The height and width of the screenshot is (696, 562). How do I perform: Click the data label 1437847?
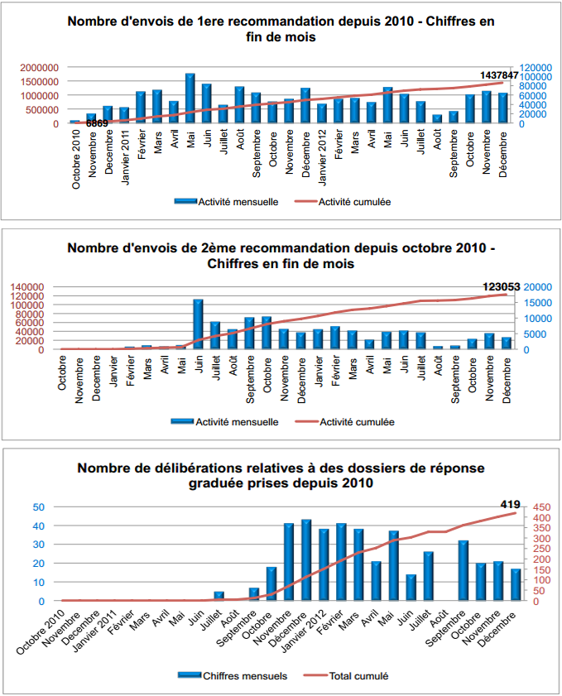[x=499, y=75]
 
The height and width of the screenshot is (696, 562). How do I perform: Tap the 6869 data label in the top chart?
[x=97, y=123]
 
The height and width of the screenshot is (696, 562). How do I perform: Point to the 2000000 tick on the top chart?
[x=39, y=67]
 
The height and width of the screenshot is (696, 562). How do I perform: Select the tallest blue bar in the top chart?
[x=190, y=98]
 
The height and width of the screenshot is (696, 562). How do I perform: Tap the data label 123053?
[x=501, y=286]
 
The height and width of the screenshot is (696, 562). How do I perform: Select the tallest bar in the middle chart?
[x=199, y=324]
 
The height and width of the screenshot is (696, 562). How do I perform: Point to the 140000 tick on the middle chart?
[x=31, y=286]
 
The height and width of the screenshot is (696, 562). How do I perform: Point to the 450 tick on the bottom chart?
[x=539, y=507]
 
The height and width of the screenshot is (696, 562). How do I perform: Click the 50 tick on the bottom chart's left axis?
[x=38, y=506]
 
